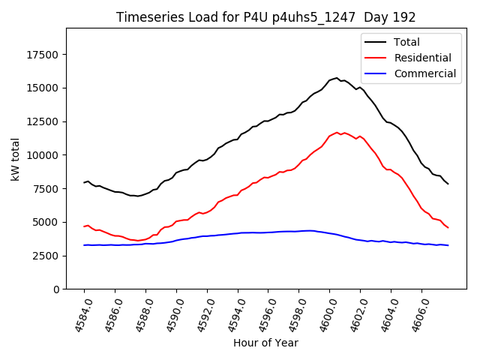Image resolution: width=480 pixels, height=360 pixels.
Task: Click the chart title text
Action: (265, 17)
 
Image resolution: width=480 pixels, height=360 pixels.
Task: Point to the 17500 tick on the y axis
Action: (43, 55)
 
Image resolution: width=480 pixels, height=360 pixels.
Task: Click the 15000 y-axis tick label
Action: (43, 88)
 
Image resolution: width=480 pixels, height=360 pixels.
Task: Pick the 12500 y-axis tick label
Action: (43, 121)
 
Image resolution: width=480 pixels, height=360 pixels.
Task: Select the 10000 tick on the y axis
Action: (43, 155)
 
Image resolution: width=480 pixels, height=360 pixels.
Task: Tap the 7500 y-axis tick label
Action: (46, 189)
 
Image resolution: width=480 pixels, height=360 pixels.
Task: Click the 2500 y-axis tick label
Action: (46, 256)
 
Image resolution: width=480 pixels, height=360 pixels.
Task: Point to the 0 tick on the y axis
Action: (56, 289)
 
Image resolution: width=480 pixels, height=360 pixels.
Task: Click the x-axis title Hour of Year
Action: (265, 343)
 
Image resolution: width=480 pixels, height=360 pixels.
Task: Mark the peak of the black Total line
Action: (337, 78)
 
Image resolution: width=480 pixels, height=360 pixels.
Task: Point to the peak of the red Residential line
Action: (337, 132)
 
